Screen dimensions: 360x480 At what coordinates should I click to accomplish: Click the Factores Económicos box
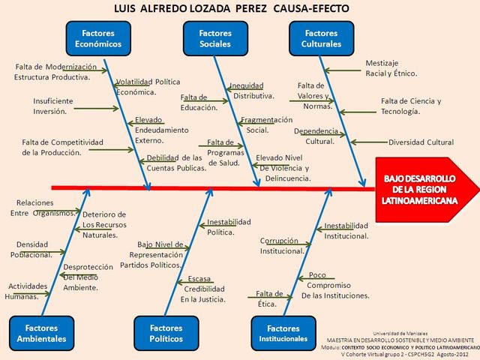[x=93, y=38]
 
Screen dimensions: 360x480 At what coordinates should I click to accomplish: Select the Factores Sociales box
[x=215, y=38]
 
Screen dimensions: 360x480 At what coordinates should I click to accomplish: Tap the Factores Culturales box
[x=321, y=38]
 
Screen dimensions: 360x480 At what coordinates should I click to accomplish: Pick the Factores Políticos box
[x=166, y=333]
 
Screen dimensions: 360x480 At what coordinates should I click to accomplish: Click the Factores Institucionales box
[x=283, y=333]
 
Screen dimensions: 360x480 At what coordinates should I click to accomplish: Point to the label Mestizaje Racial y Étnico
[x=390, y=68]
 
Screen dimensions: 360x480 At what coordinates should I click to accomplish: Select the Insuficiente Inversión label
[x=53, y=106]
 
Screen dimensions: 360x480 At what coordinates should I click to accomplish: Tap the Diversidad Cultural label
[x=420, y=142]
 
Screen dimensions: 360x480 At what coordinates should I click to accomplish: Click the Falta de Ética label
[x=269, y=298]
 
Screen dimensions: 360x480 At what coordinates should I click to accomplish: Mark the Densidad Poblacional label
[x=34, y=249]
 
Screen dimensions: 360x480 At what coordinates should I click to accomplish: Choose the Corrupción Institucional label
[x=282, y=246]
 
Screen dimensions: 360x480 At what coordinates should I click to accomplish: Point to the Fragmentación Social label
[x=265, y=124]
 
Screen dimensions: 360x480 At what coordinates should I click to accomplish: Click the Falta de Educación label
[x=199, y=103]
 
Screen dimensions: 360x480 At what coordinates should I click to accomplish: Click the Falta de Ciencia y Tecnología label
[x=410, y=106]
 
